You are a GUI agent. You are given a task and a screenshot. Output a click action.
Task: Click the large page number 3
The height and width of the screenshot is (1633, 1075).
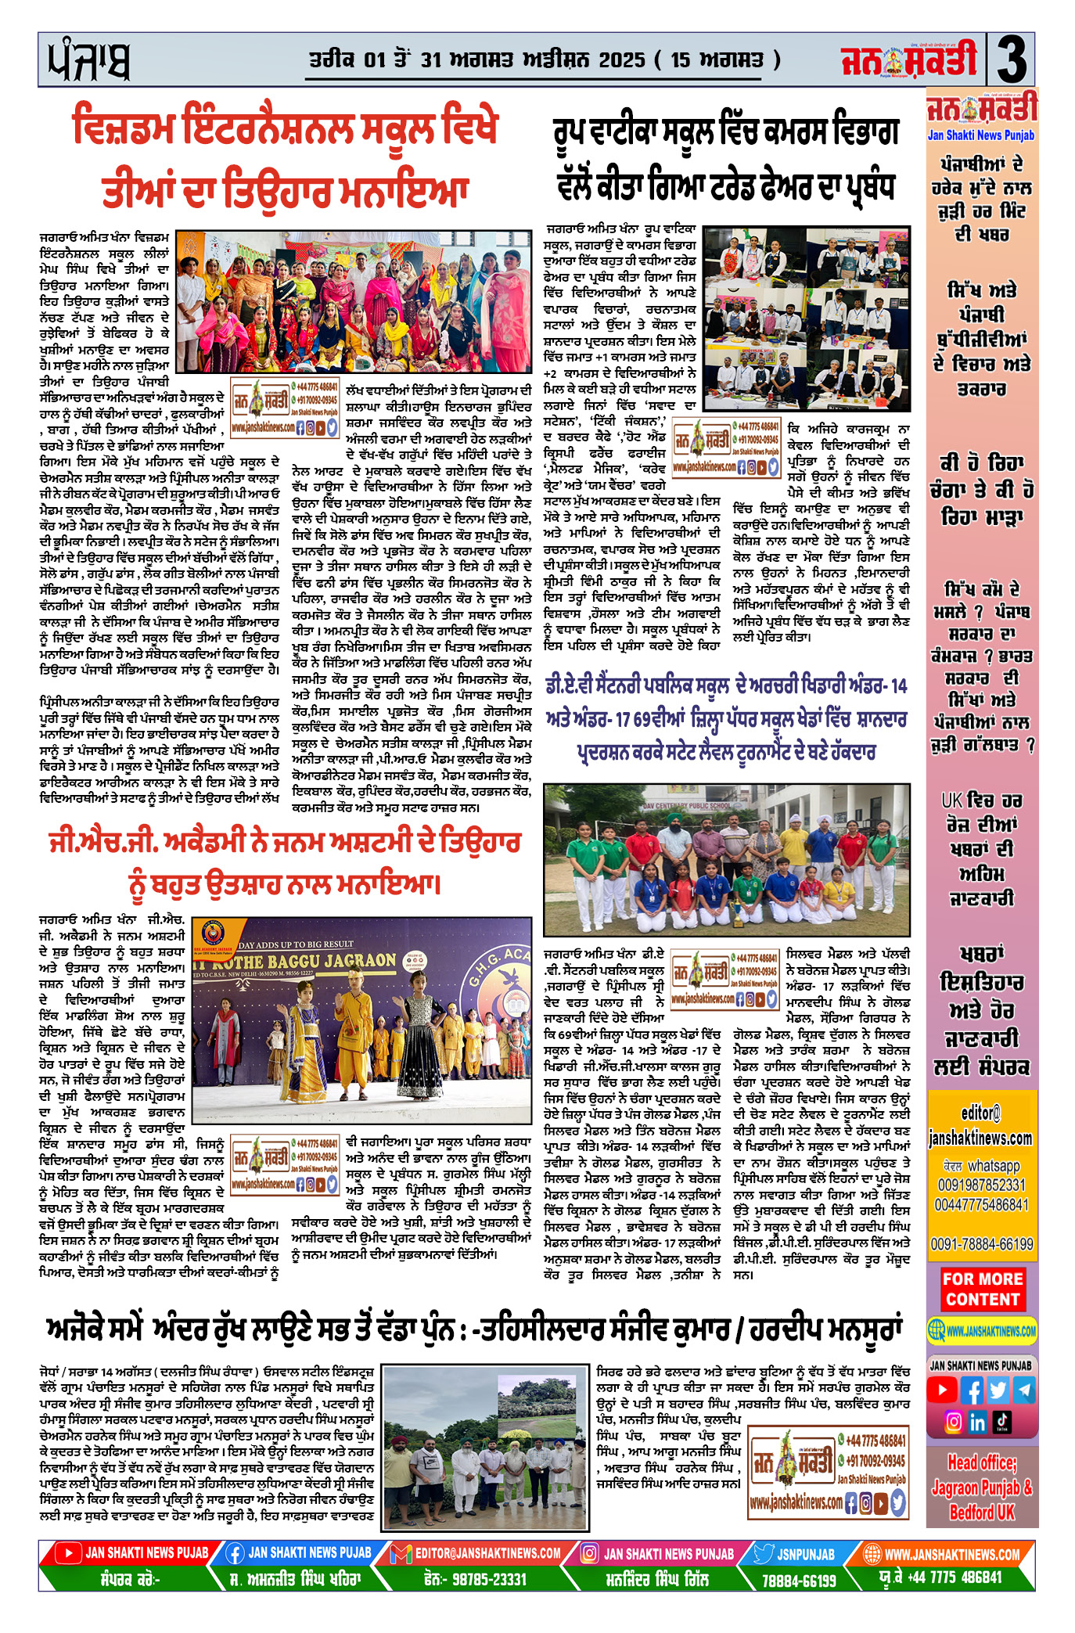(x=1011, y=60)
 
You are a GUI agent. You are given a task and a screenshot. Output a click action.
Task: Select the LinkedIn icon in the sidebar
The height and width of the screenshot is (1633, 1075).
(x=976, y=1423)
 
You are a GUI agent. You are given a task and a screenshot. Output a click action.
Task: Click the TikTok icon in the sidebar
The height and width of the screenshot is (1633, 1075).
(x=1002, y=1422)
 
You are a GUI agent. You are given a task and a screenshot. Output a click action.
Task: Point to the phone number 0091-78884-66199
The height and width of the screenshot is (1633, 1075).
(x=982, y=1244)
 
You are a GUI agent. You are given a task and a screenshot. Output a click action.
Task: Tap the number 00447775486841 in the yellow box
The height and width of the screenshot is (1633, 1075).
(x=981, y=1205)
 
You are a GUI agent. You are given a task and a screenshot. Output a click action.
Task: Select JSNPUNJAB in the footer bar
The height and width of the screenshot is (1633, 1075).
(x=806, y=1554)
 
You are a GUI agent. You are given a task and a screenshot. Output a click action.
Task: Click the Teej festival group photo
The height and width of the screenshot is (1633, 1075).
(x=354, y=300)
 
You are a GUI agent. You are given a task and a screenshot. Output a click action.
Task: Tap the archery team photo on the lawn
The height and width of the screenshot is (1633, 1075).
(x=727, y=860)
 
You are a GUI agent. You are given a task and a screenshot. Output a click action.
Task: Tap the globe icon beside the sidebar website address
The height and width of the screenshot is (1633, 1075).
(x=936, y=1330)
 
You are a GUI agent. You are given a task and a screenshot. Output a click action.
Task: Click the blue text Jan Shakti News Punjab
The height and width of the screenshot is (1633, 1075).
(x=981, y=135)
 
